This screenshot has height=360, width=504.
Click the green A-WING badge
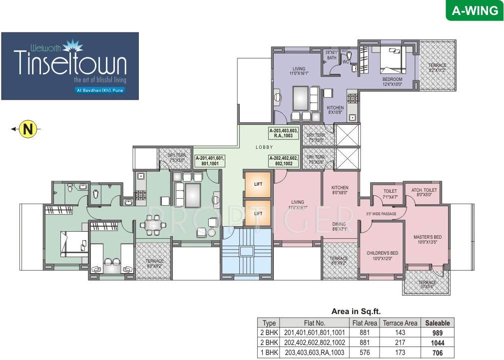pyautogui.click(x=475, y=10)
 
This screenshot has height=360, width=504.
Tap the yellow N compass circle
pyautogui.click(x=28, y=130)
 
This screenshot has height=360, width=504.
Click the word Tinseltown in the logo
pyautogui.click(x=70, y=63)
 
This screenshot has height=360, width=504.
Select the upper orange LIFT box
pyautogui.click(x=258, y=184)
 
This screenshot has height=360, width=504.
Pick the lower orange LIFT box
pyautogui.click(x=258, y=213)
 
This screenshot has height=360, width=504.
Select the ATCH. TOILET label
pyautogui.click(x=422, y=193)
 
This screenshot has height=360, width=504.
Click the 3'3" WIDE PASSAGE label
pyautogui.click(x=381, y=214)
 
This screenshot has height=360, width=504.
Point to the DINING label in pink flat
pyautogui.click(x=340, y=227)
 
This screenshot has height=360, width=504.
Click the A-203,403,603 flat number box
pyautogui.click(x=284, y=133)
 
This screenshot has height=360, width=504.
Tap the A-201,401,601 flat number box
pyautogui.click(x=210, y=160)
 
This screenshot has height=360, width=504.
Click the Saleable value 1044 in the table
pyautogui.click(x=437, y=343)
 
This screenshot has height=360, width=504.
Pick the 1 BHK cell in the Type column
pyautogui.click(x=269, y=353)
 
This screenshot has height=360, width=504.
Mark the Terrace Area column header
pyautogui.click(x=400, y=323)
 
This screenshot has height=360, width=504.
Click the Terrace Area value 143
pyautogui.click(x=400, y=333)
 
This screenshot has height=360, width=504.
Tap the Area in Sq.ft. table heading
pyautogui.click(x=356, y=311)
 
